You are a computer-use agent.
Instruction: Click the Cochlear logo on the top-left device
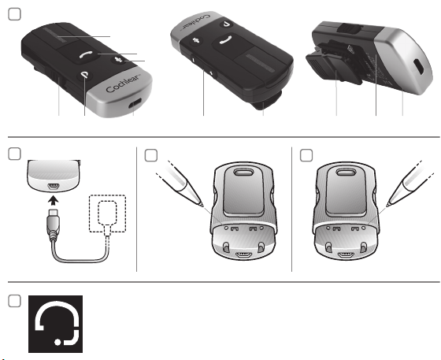click(123, 84)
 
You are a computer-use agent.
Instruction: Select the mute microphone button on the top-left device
click(120, 60)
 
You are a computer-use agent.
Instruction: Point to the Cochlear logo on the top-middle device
click(197, 21)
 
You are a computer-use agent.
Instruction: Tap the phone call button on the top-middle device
click(227, 39)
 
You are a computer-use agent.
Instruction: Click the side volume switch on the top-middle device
click(203, 66)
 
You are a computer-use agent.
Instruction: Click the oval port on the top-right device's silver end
click(418, 66)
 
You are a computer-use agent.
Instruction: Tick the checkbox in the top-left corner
click(14, 14)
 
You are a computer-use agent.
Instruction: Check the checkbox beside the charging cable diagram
click(14, 154)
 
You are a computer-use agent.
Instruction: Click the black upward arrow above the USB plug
click(54, 201)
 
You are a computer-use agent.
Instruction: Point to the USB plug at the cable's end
click(54, 222)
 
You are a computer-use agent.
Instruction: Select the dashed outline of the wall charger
click(107, 213)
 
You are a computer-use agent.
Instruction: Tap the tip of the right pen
click(387, 206)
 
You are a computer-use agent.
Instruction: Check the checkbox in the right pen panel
click(306, 155)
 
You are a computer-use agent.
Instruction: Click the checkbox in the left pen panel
click(150, 155)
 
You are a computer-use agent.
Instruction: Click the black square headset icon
click(55, 324)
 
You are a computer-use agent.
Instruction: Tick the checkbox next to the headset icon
click(14, 301)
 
